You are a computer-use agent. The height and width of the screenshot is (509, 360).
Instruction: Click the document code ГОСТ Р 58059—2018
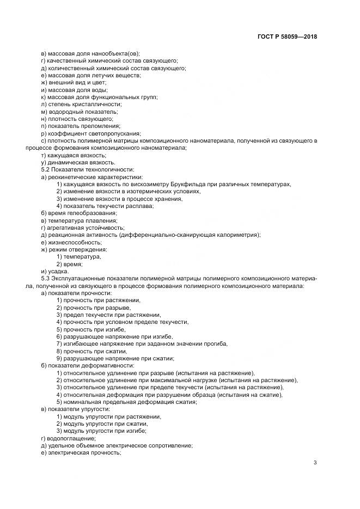[287, 37]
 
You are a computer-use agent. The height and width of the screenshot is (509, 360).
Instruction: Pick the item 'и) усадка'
[54, 271]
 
